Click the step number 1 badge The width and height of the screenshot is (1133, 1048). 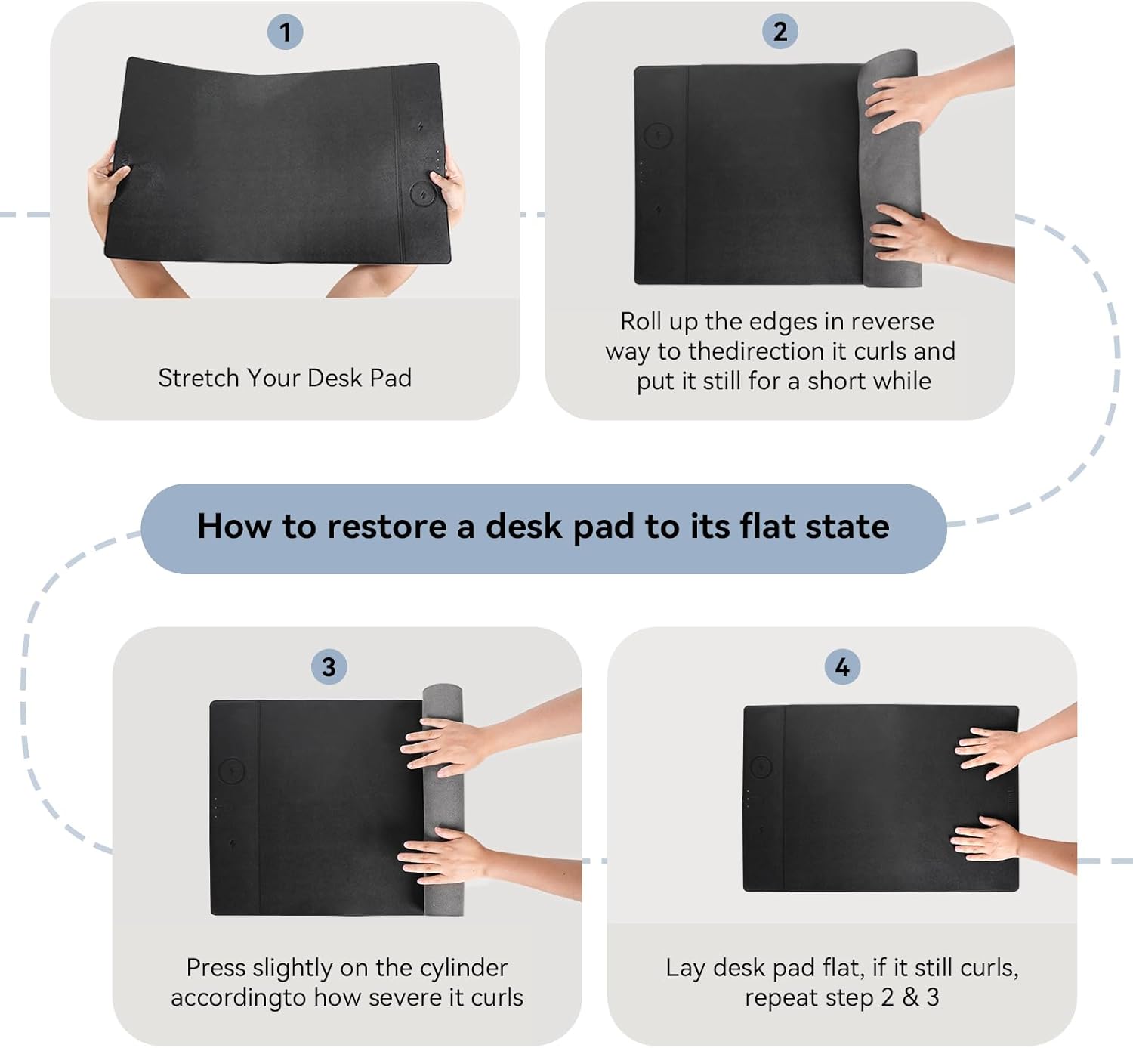[285, 32]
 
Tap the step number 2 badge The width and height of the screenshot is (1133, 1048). [780, 32]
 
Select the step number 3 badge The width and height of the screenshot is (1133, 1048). [329, 667]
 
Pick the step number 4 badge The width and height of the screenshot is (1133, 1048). [842, 667]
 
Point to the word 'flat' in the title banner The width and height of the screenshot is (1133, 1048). [767, 527]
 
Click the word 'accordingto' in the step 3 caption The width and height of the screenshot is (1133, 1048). [238, 998]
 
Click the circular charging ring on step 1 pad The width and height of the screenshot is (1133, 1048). [424, 194]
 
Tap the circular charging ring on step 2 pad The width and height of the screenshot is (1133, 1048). [658, 137]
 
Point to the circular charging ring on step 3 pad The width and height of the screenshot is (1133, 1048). [232, 771]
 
